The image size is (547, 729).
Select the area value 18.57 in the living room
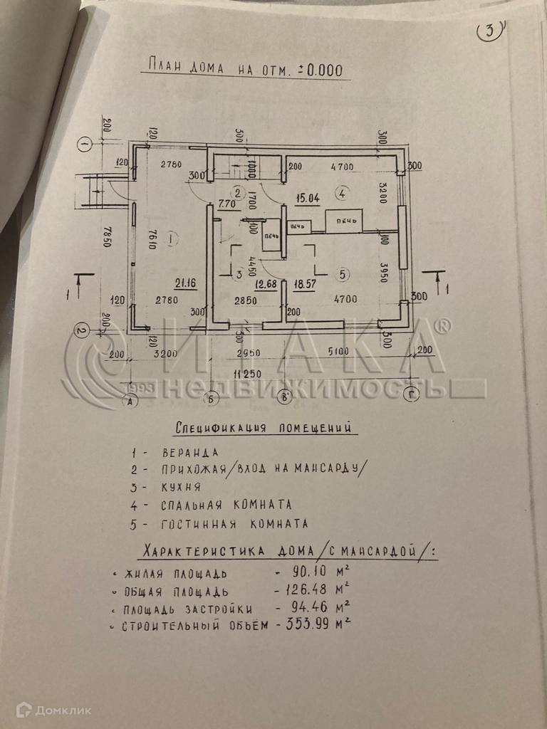304,284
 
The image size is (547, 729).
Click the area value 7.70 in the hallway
227,204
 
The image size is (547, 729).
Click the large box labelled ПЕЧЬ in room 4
344,221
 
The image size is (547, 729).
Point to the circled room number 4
342,193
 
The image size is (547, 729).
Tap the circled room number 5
343,273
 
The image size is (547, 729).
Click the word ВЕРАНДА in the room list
190,452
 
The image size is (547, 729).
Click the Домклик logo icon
24,709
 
